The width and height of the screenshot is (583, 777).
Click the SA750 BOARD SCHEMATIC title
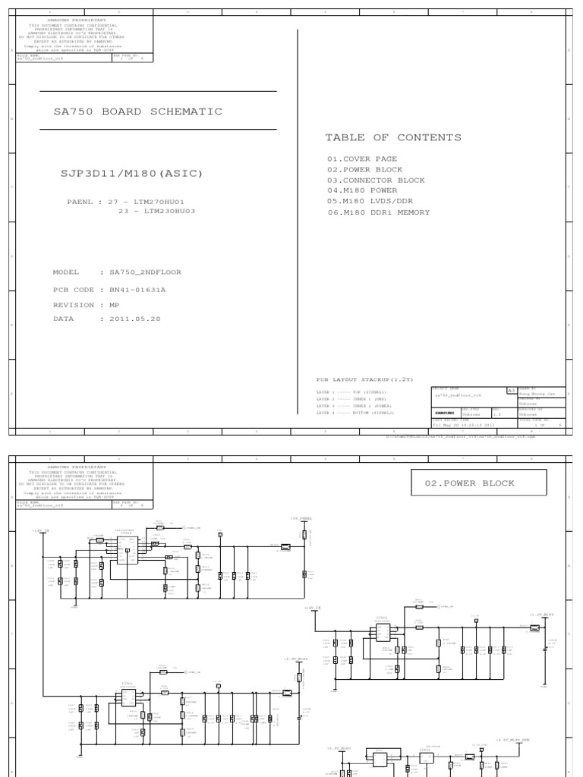[137, 112]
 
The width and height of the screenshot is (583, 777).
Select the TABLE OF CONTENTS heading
[392, 137]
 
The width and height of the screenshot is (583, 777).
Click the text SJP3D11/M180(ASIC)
[128, 174]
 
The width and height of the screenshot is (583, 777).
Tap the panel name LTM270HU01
[161, 203]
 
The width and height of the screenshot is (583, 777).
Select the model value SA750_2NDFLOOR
[145, 272]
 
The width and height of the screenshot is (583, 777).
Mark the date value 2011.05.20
[136, 319]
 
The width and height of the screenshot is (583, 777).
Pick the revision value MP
[115, 304]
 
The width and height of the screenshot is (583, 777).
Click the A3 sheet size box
[511, 389]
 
